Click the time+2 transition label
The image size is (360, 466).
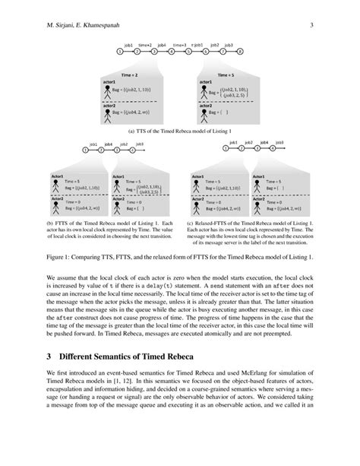point(144,46)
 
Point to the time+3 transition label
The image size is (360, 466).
point(179,46)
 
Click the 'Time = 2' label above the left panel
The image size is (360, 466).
point(131,75)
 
